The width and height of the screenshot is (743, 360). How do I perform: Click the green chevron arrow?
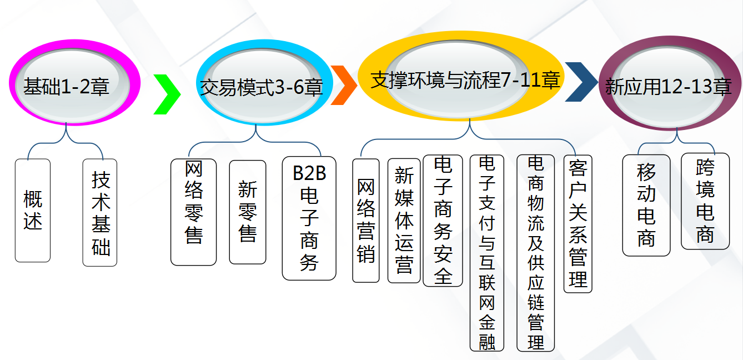[x=167, y=93]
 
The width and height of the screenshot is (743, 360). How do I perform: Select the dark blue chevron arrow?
[x=581, y=82]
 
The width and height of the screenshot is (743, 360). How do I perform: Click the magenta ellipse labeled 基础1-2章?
[x=67, y=86]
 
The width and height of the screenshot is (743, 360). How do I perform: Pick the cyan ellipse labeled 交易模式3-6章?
[x=262, y=87]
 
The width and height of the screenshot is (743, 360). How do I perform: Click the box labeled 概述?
[x=33, y=211]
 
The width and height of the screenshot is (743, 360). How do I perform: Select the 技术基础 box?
[x=100, y=212]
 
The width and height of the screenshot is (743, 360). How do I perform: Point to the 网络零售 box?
[x=193, y=212]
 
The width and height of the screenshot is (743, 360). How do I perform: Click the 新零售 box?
[x=247, y=212]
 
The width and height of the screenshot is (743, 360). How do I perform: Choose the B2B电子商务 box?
[x=309, y=218]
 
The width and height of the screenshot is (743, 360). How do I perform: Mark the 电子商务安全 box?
[x=443, y=220]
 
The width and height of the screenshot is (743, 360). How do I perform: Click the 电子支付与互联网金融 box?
[x=486, y=253]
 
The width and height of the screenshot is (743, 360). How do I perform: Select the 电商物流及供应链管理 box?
[x=535, y=253]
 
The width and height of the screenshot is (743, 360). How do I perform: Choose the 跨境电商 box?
[x=705, y=201]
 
